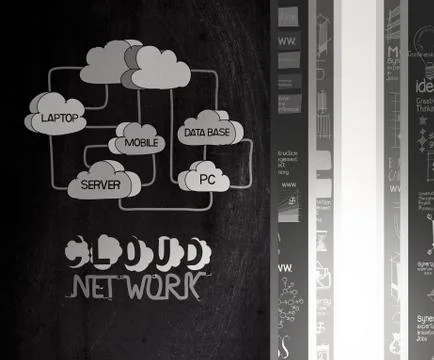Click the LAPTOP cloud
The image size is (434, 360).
59,116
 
